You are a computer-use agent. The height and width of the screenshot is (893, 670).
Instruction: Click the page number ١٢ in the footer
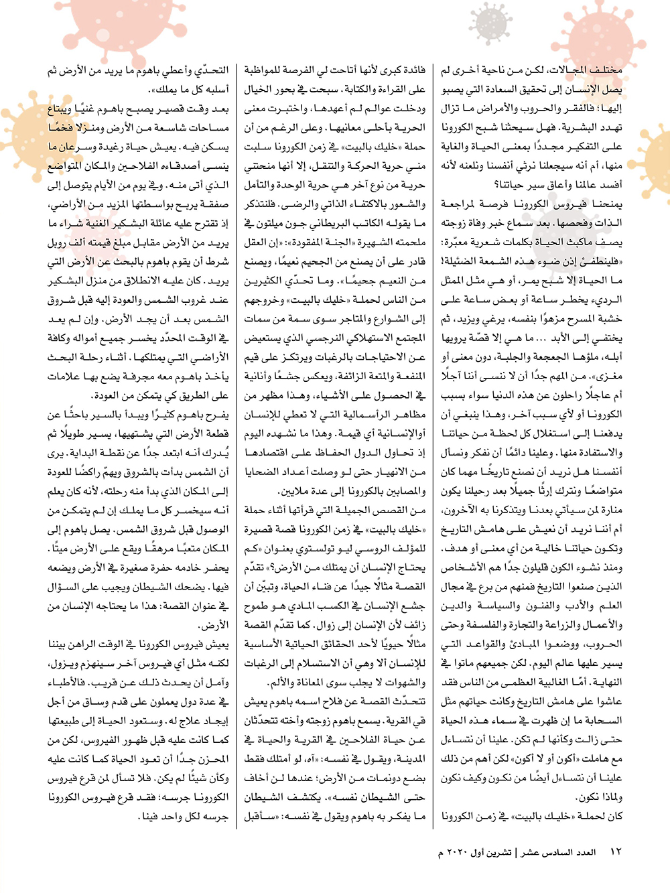pos(616,852)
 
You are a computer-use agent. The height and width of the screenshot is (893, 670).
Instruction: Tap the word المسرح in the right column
pos(590,319)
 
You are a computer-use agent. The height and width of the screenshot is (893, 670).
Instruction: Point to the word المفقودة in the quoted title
pos(317,243)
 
